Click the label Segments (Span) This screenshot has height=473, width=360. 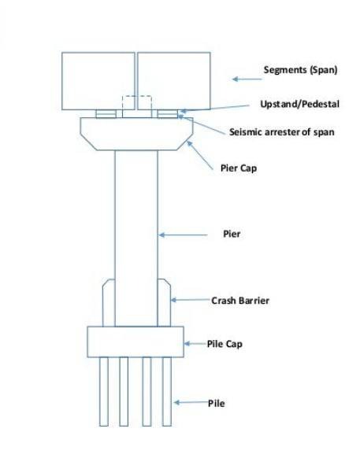coord(300,70)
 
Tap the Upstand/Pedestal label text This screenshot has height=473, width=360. coord(299,104)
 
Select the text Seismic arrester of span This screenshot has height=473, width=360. coord(281,131)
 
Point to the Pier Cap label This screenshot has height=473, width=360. coord(239,168)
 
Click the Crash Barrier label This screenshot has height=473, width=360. coord(240,301)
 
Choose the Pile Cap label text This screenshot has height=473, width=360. coord(225,344)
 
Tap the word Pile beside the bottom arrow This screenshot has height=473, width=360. coord(217,403)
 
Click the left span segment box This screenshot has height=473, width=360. coord(98,81)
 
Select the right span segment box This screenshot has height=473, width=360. coord(174,81)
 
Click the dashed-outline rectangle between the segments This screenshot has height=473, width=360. coord(136,96)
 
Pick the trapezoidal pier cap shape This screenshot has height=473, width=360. coord(136,134)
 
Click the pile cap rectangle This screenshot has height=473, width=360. coord(135,342)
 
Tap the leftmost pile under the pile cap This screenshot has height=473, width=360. coord(104,392)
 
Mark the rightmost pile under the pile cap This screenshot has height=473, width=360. coord(167,392)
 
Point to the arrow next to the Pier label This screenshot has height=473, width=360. coord(184,235)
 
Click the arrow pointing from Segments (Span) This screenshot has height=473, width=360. coord(247,79)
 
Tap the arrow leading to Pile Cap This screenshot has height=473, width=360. coord(195,344)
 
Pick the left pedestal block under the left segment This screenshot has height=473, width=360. coord(106,114)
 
